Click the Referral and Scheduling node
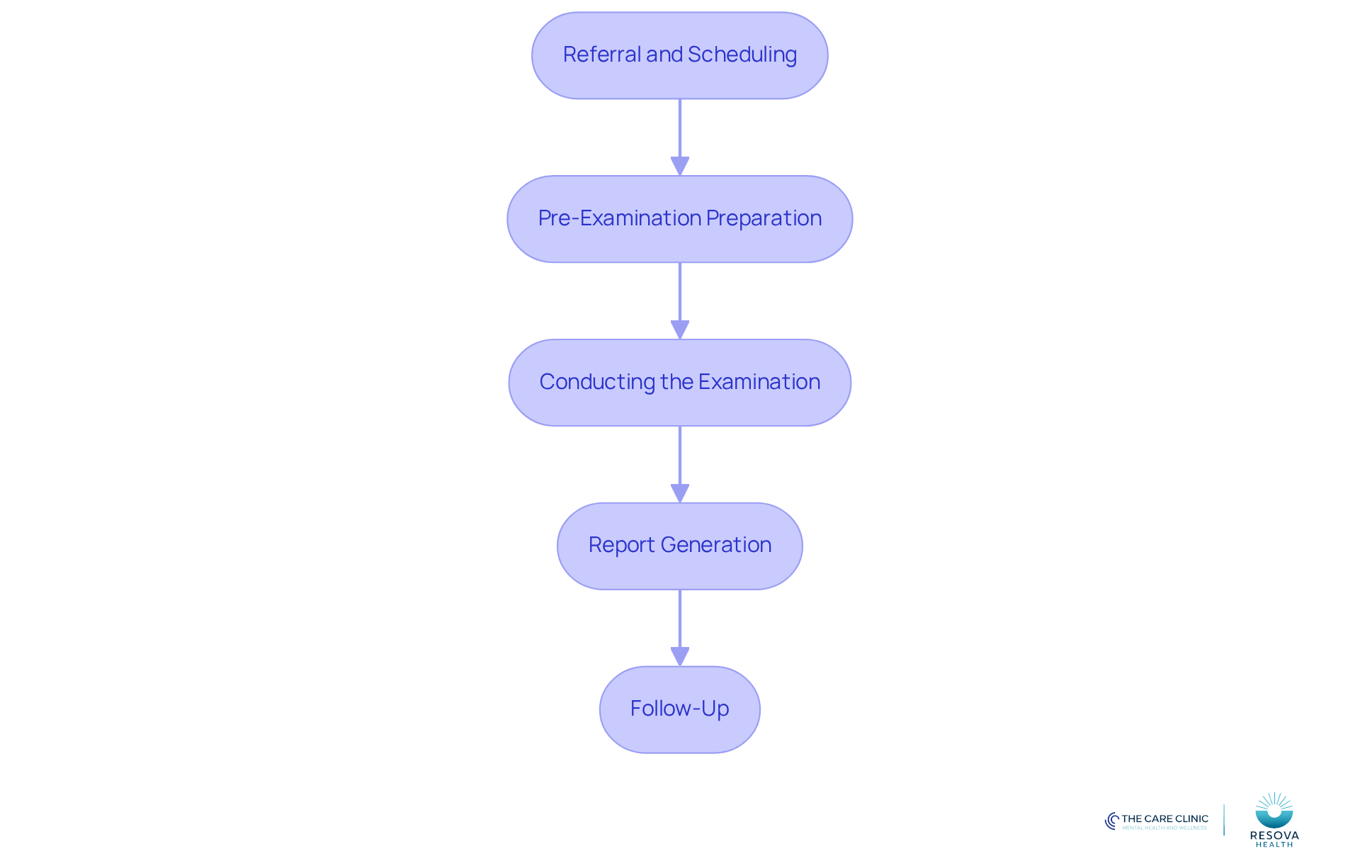pos(680,55)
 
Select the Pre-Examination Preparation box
pos(680,219)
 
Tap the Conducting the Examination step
pos(680,383)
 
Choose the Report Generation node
pos(680,546)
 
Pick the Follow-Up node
pos(680,709)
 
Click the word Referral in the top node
pos(602,55)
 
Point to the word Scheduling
pos(742,55)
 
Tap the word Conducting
pos(597,383)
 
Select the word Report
pos(621,546)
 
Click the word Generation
pos(716,545)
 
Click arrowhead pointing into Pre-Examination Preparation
pos(680,167)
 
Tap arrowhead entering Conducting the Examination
pos(680,330)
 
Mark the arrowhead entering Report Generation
pos(680,494)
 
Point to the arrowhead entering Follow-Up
pos(680,657)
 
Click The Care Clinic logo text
pos(1164,819)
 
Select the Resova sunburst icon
pos(1274,810)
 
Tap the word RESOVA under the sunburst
pos(1274,835)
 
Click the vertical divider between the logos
pos(1224,820)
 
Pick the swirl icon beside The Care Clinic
pos(1112,821)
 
